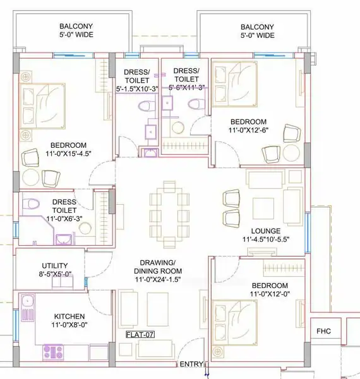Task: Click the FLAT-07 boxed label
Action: click(x=140, y=335)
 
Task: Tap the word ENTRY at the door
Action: click(x=191, y=364)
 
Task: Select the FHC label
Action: click(x=323, y=331)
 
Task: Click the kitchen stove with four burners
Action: click(x=53, y=351)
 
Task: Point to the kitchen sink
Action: click(x=28, y=308)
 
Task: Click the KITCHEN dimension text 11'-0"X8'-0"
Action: click(x=69, y=325)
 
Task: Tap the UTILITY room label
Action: click(x=55, y=266)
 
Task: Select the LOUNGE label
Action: click(x=266, y=231)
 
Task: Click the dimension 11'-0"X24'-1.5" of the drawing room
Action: click(x=158, y=279)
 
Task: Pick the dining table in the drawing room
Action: click(x=169, y=214)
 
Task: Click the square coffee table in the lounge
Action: click(x=263, y=208)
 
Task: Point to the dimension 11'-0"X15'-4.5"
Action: click(x=68, y=153)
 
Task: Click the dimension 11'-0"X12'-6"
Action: click(x=248, y=130)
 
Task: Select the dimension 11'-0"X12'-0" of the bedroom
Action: click(x=270, y=294)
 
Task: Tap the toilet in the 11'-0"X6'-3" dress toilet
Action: click(x=31, y=204)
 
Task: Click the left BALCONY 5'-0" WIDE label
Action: click(x=76, y=30)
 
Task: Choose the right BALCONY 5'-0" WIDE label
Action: click(x=257, y=31)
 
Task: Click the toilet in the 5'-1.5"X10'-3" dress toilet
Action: click(x=147, y=106)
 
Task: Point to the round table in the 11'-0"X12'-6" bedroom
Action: click(x=291, y=153)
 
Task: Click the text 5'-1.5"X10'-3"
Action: click(x=137, y=88)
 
